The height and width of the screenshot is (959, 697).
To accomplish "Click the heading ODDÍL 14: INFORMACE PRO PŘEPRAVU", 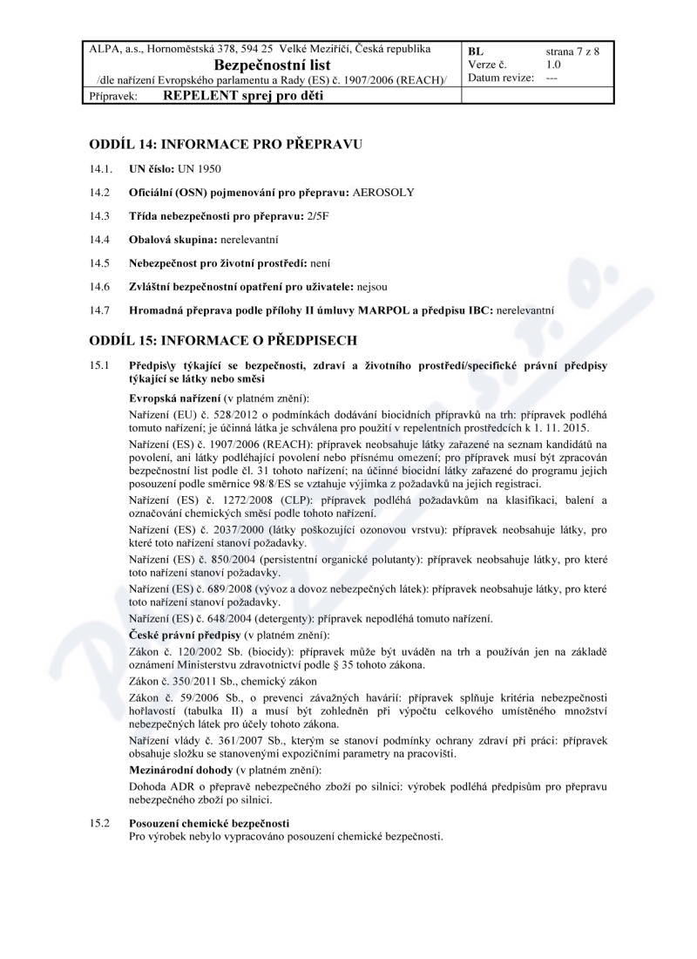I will click(225, 142).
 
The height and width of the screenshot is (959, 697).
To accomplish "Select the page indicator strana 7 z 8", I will click(572, 51).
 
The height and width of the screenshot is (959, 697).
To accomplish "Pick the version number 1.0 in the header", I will click(553, 64).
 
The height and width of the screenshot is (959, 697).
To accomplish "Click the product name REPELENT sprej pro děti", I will click(243, 96).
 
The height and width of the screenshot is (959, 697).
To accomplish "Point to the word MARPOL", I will click(383, 309).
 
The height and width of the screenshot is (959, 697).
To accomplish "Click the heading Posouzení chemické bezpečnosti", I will click(209, 824).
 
